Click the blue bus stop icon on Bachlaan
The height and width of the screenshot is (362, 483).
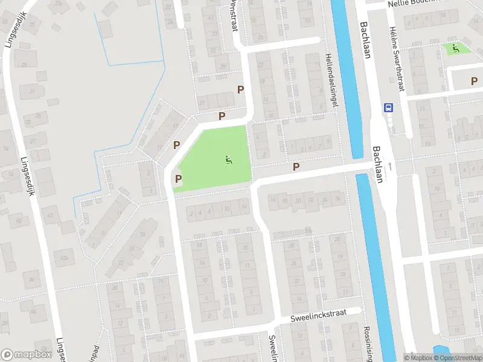(388, 109)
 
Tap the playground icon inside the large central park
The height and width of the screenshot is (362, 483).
(228, 160)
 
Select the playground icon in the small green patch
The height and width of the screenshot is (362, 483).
(456, 47)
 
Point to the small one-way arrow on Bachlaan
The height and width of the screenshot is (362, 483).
(391, 165)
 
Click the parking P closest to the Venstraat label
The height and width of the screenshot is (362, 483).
(241, 90)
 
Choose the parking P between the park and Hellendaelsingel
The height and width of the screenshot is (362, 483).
(296, 167)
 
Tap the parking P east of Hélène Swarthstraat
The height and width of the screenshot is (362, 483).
(473, 80)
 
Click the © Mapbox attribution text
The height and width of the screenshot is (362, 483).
(418, 358)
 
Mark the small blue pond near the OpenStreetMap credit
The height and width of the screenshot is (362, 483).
(442, 349)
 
